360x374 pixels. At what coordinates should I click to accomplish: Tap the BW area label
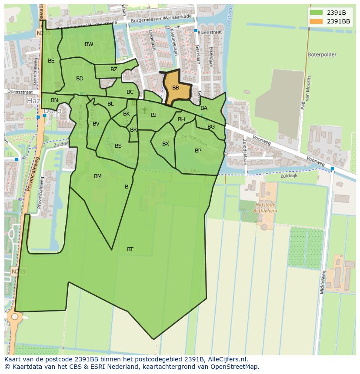pyautogui.click(x=89, y=44)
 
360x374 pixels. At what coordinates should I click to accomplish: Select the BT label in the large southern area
pyautogui.click(x=130, y=249)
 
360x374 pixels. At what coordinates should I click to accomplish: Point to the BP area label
pyautogui.click(x=198, y=151)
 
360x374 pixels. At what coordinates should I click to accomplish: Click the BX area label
pyautogui.click(x=166, y=144)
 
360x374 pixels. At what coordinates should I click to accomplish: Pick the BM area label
pyautogui.click(x=98, y=176)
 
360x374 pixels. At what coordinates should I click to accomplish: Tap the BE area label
pyautogui.click(x=51, y=61)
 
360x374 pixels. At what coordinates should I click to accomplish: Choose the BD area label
pyautogui.click(x=80, y=79)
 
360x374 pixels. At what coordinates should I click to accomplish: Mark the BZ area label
pyautogui.click(x=114, y=70)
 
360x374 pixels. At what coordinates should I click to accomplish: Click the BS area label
pyautogui.click(x=118, y=146)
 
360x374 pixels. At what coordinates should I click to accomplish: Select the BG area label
pyautogui.click(x=211, y=127)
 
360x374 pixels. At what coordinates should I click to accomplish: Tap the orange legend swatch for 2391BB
pyautogui.click(x=317, y=21)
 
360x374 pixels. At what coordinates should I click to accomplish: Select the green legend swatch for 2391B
pyautogui.click(x=317, y=13)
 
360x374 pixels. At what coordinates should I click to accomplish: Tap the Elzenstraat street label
pyautogui.click(x=209, y=32)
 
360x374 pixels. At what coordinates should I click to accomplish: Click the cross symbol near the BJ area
pyautogui.click(x=145, y=111)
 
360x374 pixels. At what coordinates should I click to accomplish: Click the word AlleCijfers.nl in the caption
pyautogui.click(x=227, y=359)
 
